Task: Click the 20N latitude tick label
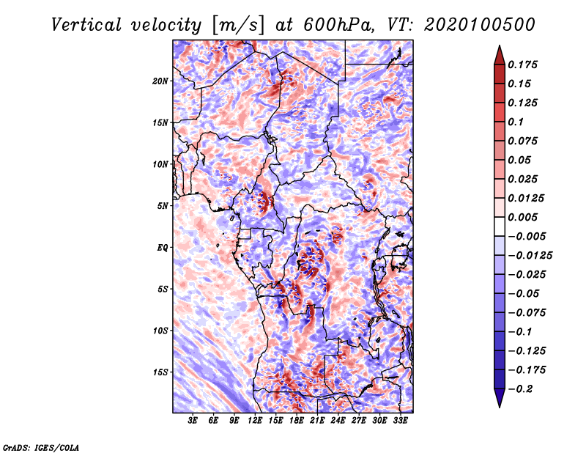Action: pos(160,81)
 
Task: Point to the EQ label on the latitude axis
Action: pos(163,248)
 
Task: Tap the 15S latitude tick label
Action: pos(160,372)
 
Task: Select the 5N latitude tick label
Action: pos(163,206)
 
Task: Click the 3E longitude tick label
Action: pos(193,420)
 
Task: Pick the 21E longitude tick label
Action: pos(317,420)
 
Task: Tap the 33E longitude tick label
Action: pos(400,420)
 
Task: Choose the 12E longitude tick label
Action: pos(255,420)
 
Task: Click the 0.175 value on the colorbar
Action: pos(522,65)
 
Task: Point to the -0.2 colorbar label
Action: pos(520,389)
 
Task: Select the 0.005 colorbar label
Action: pos(522,217)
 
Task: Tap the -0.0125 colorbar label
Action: pos(530,256)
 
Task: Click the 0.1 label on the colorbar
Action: pos(516,122)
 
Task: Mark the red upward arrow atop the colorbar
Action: pos(500,56)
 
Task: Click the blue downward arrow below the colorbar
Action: pos(500,398)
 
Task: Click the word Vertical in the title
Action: pos(86,25)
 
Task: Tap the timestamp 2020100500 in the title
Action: pos(480,25)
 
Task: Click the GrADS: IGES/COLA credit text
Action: pos(41,447)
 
